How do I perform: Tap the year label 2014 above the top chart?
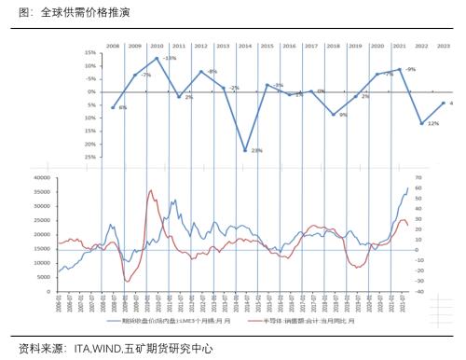pos(245,46)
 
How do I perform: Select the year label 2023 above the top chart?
pos(445,46)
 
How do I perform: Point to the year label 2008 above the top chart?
pos(113,46)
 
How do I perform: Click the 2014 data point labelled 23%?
pos(245,150)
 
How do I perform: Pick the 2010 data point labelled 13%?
pos(157,59)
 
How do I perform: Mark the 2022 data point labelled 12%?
pos(422,123)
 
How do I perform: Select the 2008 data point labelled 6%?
pos(113,108)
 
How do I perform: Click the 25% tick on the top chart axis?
pos(90,158)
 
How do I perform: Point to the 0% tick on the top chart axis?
pos(92,91)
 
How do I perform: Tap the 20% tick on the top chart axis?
pos(90,145)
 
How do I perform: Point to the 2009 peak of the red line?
pos(151,190)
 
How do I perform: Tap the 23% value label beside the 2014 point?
pos(256,150)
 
